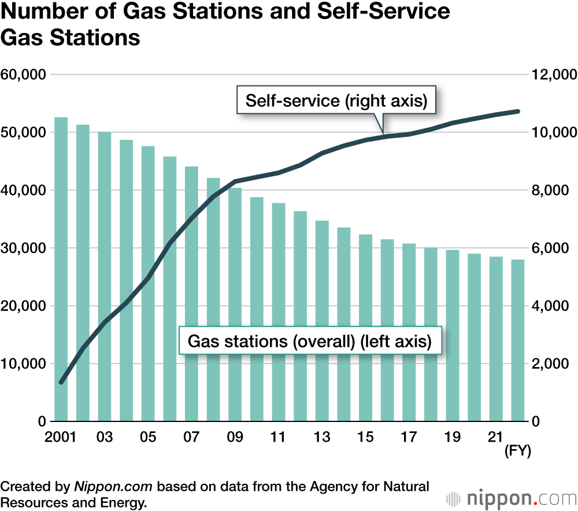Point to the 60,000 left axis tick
click(24, 75)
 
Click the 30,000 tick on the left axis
click(24, 248)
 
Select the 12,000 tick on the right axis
click(553, 75)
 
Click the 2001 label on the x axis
click(61, 438)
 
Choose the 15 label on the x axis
click(365, 438)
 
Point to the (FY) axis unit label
click(517, 450)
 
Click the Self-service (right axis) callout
click(336, 101)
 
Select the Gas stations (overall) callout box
click(310, 342)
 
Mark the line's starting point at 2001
click(61, 382)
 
